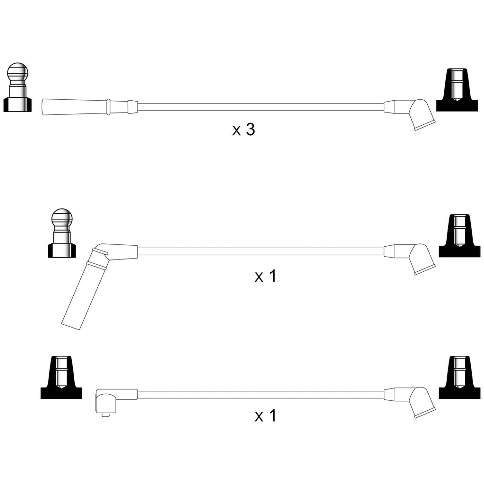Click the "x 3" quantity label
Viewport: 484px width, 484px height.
click(243, 130)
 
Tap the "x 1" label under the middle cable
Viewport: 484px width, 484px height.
click(265, 276)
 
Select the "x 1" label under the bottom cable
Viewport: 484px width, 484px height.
click(265, 415)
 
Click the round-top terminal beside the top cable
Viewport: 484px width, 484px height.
click(17, 87)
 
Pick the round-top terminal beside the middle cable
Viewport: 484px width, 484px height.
click(62, 233)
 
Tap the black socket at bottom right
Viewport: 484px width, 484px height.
click(459, 377)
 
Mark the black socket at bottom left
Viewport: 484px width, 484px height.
click(61, 377)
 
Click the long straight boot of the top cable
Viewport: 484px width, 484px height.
click(89, 107)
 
